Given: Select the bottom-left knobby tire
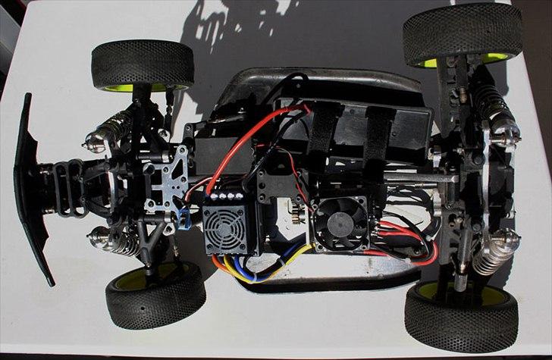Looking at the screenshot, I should [x=155, y=296].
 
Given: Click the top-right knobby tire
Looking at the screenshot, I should [x=462, y=32].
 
